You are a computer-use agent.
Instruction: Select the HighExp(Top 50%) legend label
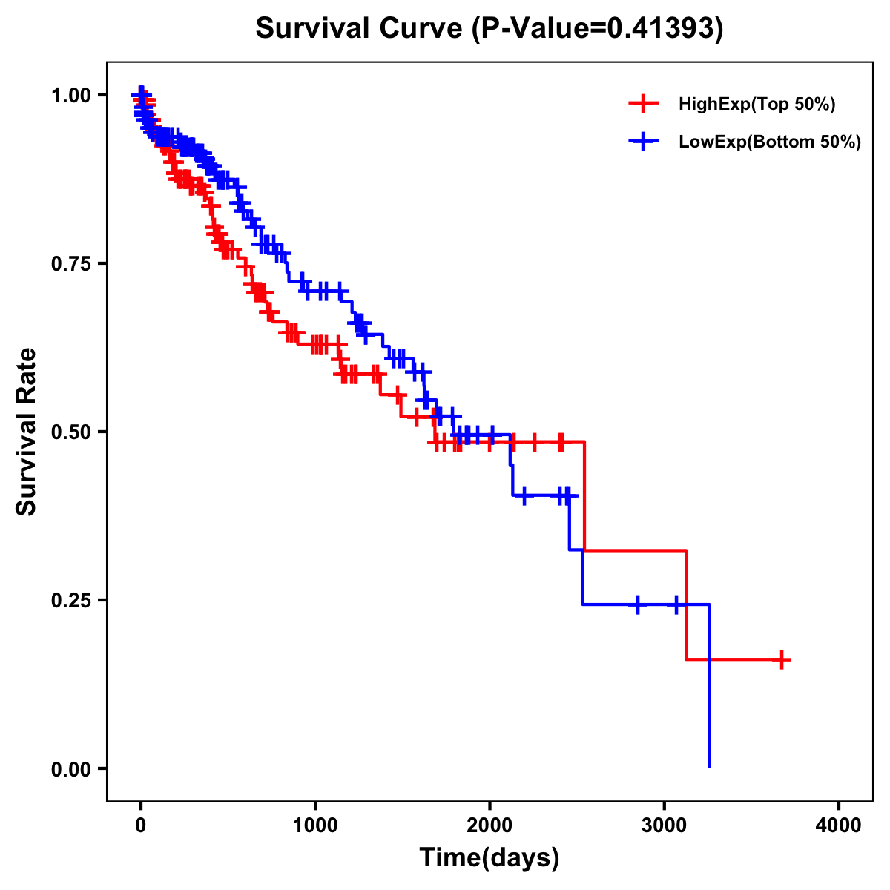click(x=756, y=105)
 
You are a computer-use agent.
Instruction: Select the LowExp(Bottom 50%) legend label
click(x=770, y=142)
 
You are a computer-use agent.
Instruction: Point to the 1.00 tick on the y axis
click(x=70, y=95)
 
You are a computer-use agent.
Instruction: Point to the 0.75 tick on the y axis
click(x=70, y=263)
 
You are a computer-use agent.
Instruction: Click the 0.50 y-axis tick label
click(x=70, y=432)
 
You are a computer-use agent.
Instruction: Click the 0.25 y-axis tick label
click(x=70, y=600)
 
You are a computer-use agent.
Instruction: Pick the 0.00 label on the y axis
click(x=70, y=768)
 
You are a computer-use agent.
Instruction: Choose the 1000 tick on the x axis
click(x=315, y=825)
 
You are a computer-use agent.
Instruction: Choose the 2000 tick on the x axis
click(x=489, y=825)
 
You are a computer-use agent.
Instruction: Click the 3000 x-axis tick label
click(x=665, y=825)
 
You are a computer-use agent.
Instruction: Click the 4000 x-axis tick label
click(x=839, y=825)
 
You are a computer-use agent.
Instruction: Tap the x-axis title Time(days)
click(x=489, y=858)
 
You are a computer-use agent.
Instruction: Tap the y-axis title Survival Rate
click(x=27, y=432)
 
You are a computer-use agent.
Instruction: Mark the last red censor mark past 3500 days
click(x=782, y=659)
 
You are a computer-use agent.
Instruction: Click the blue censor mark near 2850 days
click(x=638, y=604)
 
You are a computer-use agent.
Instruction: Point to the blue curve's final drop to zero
click(x=710, y=690)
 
